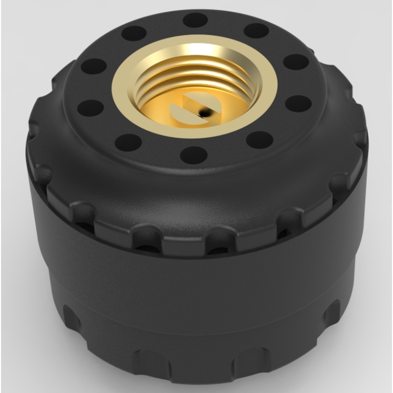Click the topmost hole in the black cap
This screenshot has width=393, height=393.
point(195,20)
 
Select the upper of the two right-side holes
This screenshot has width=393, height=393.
point(296,62)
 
